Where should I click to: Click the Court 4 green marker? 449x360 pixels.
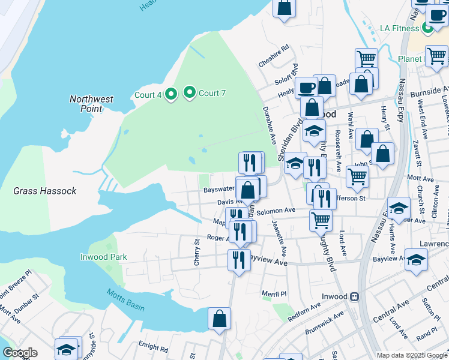click(x=170, y=94)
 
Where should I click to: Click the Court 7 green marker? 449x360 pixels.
click(x=190, y=92)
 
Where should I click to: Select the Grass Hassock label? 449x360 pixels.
click(x=45, y=191)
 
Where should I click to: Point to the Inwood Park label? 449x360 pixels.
click(x=104, y=257)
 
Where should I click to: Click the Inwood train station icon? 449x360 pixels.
click(x=355, y=296)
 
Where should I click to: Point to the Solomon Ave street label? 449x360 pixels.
click(x=276, y=211)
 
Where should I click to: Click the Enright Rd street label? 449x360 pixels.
click(x=154, y=347)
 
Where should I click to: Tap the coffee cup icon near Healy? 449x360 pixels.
click(x=306, y=88)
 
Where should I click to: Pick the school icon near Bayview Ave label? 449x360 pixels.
click(x=416, y=259)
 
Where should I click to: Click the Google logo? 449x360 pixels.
click(x=20, y=353)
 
